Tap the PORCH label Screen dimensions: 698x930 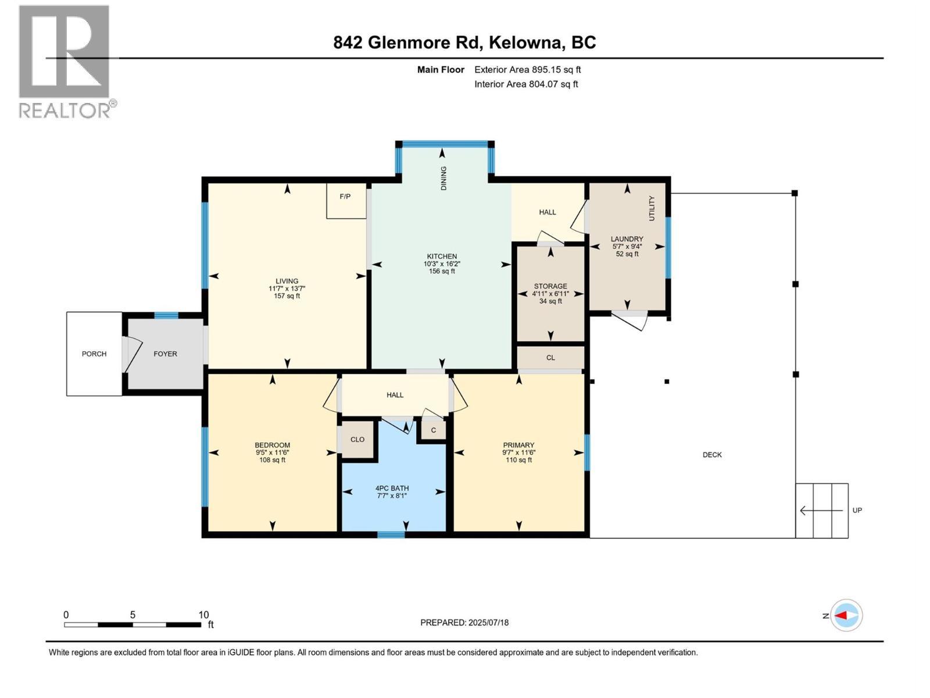tap(94, 354)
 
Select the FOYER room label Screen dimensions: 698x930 tap(165, 354)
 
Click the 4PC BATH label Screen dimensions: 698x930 tap(392, 488)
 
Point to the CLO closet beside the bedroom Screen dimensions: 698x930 tap(357, 440)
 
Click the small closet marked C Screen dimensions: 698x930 tap(433, 430)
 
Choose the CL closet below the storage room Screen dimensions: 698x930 tap(550, 358)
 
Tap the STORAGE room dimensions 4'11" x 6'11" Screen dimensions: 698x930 tap(550, 294)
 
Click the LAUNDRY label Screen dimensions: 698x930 tap(627, 239)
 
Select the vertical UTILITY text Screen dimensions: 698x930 tap(652, 208)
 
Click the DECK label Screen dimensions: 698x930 tap(712, 455)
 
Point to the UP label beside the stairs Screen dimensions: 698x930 tap(857, 510)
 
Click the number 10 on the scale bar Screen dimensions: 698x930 tap(203, 615)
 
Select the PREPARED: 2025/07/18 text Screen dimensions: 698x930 tap(464, 622)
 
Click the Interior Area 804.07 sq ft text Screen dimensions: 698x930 tap(526, 84)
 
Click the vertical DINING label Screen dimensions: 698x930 tap(443, 178)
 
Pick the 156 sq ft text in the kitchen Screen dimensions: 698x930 tap(442, 271)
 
